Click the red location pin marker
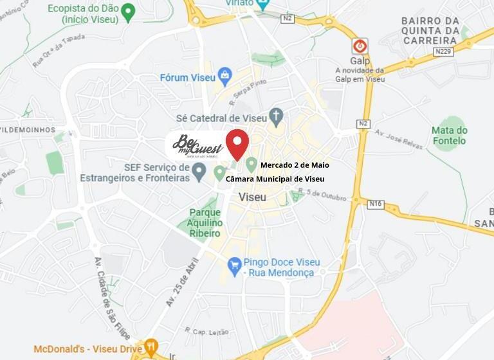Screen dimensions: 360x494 [237, 143]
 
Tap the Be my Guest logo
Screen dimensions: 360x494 [197, 146]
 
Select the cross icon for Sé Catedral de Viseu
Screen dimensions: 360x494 [276, 117]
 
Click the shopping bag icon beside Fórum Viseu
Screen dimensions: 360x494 [224, 77]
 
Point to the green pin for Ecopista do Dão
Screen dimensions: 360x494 [129, 12]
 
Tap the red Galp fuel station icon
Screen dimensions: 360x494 [360, 46]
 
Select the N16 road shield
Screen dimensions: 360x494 [376, 204]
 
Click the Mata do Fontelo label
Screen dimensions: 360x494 [450, 135]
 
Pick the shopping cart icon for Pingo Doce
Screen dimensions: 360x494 [235, 263]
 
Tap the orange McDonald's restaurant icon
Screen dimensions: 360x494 [151, 348]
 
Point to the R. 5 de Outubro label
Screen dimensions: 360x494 [325, 194]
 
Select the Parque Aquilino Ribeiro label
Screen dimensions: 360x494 [205, 222]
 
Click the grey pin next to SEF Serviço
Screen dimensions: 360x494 [199, 171]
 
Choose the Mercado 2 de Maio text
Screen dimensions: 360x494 [294, 165]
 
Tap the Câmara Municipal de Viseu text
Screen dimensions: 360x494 [275, 179]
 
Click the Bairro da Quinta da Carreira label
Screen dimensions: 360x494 [430, 30]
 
